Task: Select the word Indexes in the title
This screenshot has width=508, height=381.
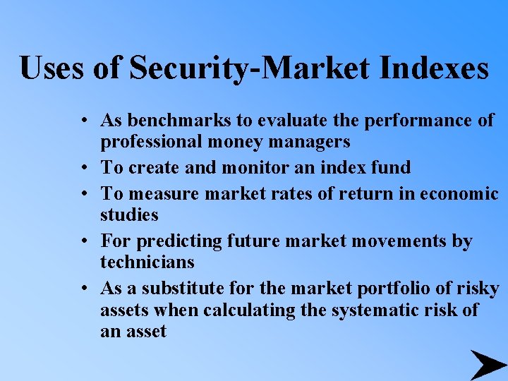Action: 434,68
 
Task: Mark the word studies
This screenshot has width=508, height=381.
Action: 129,214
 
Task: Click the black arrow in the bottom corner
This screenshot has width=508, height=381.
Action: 487,364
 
